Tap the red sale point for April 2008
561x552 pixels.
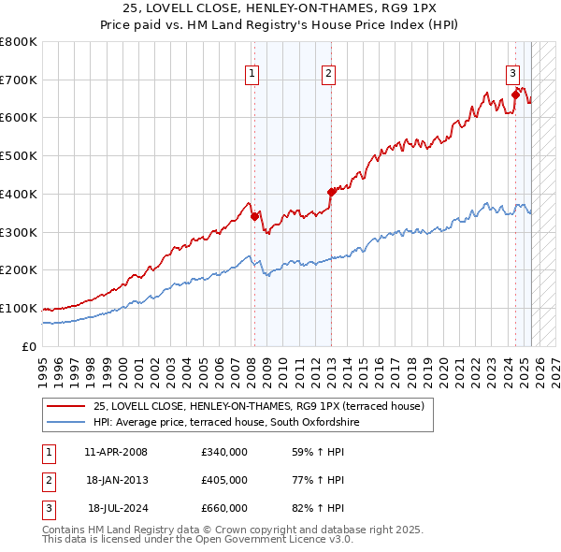point(254,216)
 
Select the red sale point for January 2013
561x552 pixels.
point(331,192)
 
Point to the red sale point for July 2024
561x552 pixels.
point(515,94)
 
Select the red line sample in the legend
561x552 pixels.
point(66,406)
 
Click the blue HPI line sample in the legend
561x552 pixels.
point(66,423)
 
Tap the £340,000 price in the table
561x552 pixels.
point(223,452)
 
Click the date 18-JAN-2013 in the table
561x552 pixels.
point(115,480)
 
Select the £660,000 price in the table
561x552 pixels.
point(223,508)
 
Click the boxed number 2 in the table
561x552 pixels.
point(46,480)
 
